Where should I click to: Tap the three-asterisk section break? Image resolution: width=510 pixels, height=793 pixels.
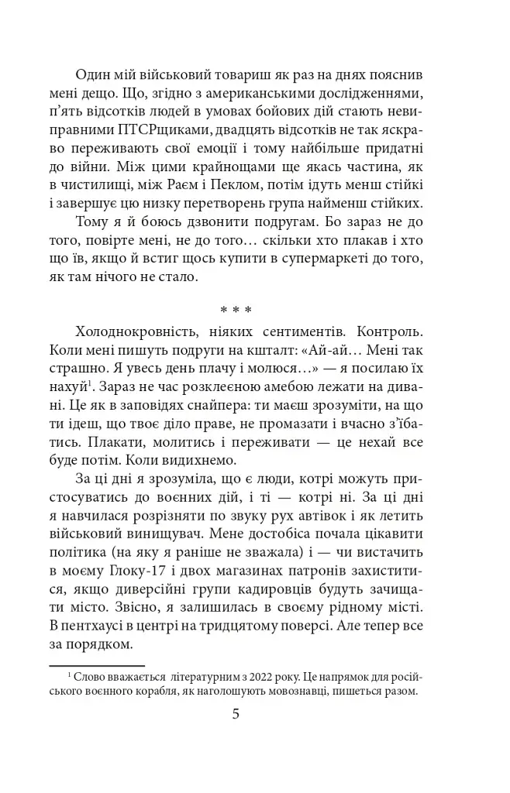click(x=236, y=311)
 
